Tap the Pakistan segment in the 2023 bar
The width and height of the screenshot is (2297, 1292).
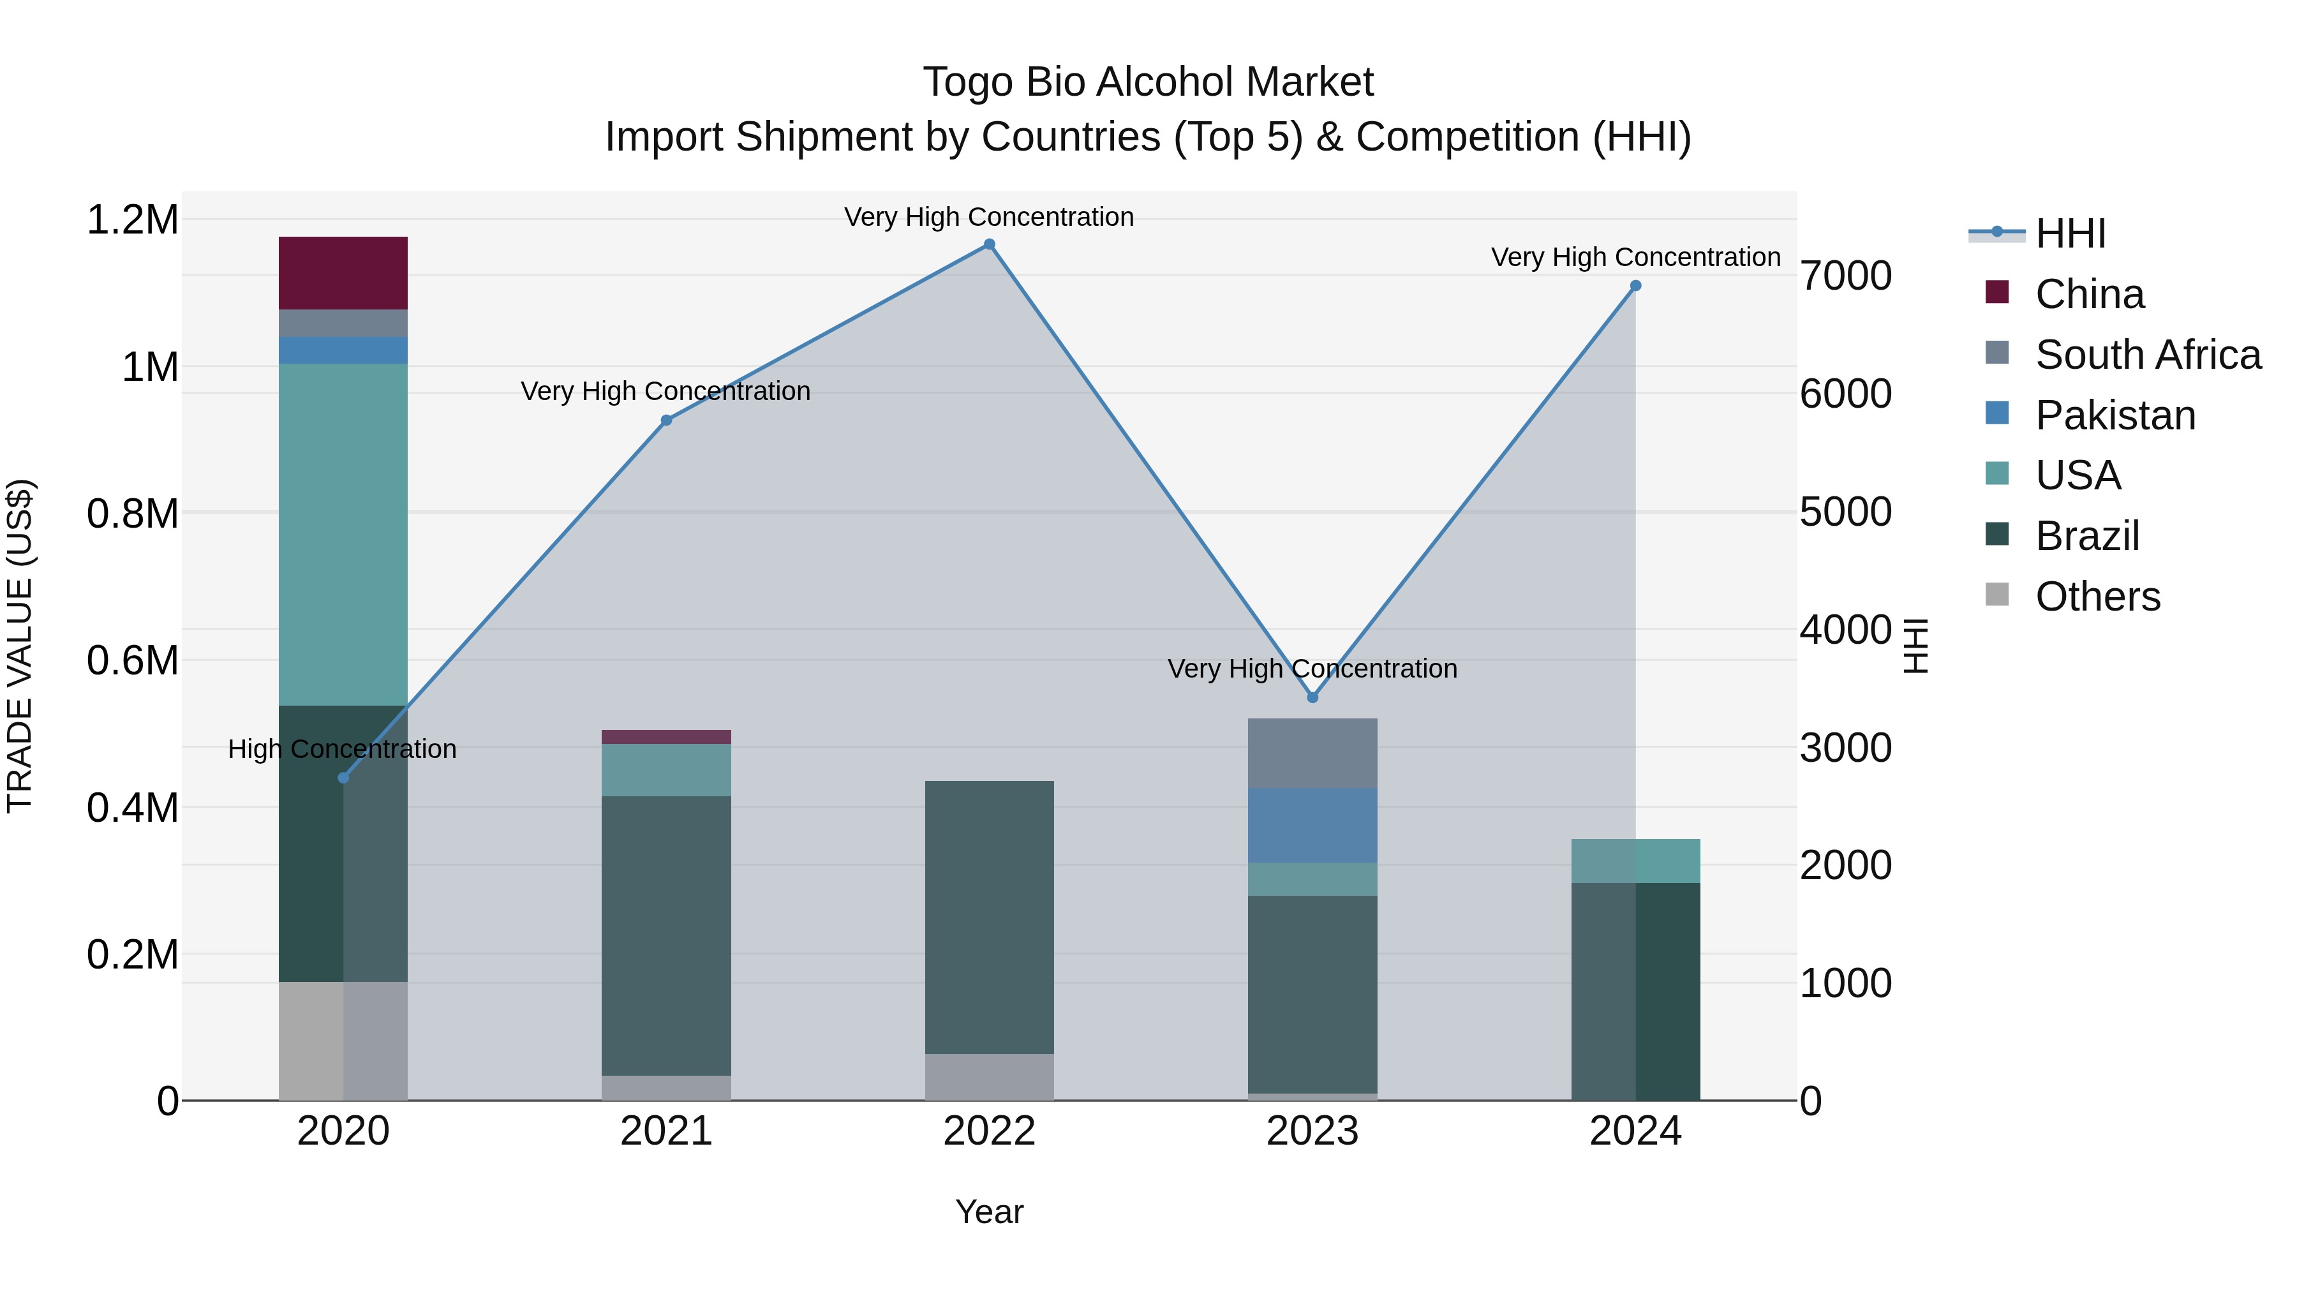coord(1312,825)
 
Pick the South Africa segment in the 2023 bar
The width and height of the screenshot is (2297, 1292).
coord(1312,753)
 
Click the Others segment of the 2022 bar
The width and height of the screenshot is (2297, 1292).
coord(989,1076)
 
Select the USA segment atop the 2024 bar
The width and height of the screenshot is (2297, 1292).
coord(1635,861)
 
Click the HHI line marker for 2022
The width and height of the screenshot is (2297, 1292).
coord(989,244)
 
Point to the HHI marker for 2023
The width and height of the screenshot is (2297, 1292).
coord(1312,697)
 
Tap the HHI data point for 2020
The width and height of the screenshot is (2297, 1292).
coord(343,778)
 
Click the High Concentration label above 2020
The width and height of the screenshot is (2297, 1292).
coord(343,749)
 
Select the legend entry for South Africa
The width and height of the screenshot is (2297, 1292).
coord(2147,355)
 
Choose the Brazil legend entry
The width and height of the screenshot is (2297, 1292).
coord(2086,536)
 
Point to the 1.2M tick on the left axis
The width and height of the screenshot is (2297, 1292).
coord(132,220)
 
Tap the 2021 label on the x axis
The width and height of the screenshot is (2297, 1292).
coord(666,1131)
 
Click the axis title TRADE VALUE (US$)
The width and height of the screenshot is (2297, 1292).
coord(20,646)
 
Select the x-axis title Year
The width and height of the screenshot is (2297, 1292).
coord(989,1212)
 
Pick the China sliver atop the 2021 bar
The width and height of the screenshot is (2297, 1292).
coord(666,736)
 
